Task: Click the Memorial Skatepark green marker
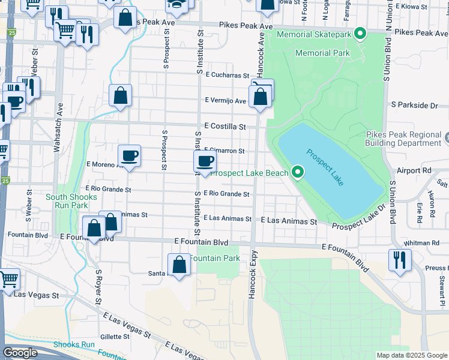point(360,34)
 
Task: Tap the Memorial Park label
point(322,53)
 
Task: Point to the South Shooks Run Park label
point(71,201)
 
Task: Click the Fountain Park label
point(215,258)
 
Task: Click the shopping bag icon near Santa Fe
point(179,265)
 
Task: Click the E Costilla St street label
point(225,127)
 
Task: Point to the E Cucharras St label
point(227,75)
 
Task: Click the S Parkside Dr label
point(414,105)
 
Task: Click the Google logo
point(20,352)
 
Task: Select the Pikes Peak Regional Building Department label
point(403,139)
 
